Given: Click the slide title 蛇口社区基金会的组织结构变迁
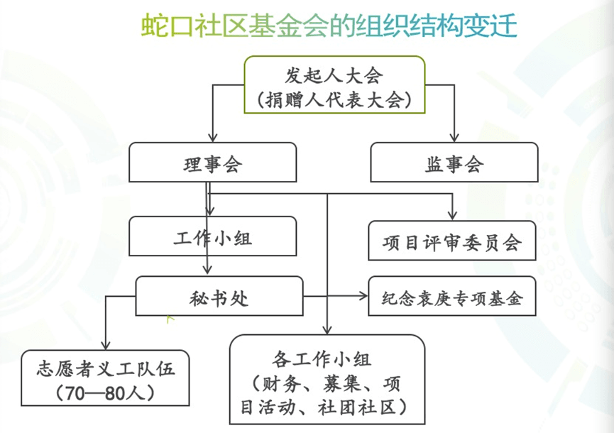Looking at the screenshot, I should [x=329, y=26].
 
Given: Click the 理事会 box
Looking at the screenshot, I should [x=212, y=164].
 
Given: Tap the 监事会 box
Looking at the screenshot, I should [x=455, y=164].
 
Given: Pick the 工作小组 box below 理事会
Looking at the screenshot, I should [x=212, y=237].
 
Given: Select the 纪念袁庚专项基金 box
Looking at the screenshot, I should [x=452, y=297].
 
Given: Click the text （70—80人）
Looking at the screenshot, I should [x=104, y=393].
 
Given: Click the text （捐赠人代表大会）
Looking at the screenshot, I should [x=335, y=99].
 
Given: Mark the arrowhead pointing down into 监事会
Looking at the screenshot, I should [x=455, y=138].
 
